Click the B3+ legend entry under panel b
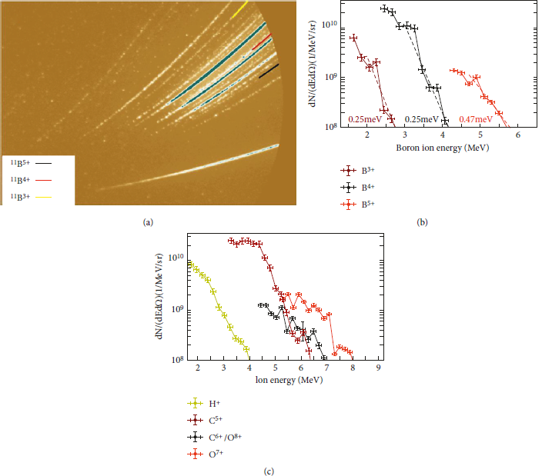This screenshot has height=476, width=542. (x=357, y=170)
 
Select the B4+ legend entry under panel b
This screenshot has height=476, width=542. (x=357, y=188)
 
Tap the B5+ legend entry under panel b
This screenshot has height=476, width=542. (x=357, y=205)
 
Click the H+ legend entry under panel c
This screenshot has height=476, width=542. (x=204, y=403)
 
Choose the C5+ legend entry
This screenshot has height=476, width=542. (x=205, y=420)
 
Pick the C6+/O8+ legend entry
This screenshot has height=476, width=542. (x=214, y=438)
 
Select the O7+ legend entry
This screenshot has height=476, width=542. (x=206, y=454)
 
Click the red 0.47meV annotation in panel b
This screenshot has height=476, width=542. (x=476, y=119)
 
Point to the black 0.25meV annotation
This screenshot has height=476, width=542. (x=421, y=119)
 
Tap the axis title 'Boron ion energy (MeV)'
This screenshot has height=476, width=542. (x=442, y=148)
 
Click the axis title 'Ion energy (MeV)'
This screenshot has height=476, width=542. (x=289, y=380)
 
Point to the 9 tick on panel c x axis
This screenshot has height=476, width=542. (x=379, y=368)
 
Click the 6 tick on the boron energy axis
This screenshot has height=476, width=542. (x=518, y=135)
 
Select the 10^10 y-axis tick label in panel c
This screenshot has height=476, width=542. (x=176, y=258)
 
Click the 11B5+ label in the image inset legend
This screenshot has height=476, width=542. (x=20, y=162)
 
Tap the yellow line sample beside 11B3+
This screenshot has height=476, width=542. (x=44, y=197)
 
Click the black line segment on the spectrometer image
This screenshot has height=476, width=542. (x=269, y=71)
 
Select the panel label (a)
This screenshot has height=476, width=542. (x=148, y=222)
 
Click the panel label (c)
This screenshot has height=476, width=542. (x=269, y=471)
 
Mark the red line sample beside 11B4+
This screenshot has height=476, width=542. (x=44, y=180)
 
